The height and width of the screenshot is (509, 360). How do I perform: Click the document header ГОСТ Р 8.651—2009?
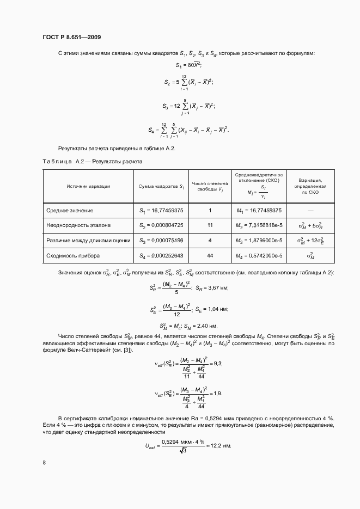pyautogui.click(x=71, y=37)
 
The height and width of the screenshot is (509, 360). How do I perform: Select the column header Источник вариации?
pyautogui.click(x=88, y=186)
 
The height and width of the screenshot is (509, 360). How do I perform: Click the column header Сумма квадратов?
pyautogui.click(x=161, y=186)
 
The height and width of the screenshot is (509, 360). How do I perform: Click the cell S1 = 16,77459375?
pyautogui.click(x=161, y=210)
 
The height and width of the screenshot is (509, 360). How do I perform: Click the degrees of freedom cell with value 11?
pyautogui.click(x=210, y=225)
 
